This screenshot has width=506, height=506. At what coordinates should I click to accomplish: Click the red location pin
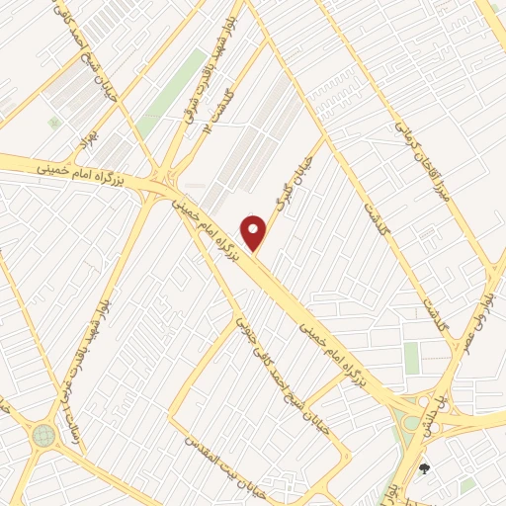(255, 231)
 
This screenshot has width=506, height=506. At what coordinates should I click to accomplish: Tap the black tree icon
(425, 468)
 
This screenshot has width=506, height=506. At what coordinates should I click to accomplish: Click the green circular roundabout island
(42, 435)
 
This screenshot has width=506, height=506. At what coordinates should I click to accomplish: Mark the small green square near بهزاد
(54, 123)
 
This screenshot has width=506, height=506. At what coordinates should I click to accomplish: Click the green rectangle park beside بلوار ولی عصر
(412, 358)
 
